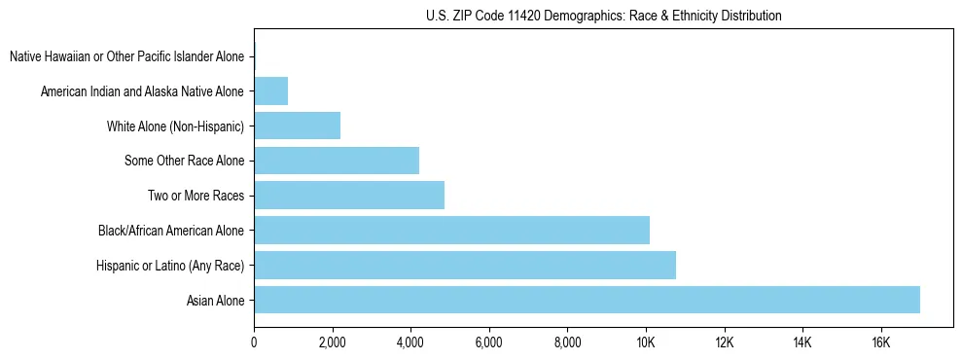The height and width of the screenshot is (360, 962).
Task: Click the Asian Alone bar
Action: (587, 300)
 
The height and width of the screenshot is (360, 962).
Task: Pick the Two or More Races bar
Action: (349, 195)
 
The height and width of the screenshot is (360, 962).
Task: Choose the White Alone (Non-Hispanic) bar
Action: (297, 126)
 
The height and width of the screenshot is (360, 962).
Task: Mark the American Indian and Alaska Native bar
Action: (270, 90)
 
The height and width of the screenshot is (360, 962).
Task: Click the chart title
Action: (603, 16)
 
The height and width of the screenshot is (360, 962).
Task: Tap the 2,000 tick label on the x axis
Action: (333, 342)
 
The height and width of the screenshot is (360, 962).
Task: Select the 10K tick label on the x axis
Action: (645, 342)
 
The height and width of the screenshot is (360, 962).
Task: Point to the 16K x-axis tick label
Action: (880, 342)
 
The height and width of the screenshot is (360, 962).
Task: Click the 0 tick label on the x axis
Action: (254, 342)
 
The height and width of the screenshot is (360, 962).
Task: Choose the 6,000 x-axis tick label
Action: (488, 342)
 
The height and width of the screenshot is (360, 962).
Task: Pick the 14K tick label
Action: (802, 342)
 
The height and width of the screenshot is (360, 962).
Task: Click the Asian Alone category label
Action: (216, 301)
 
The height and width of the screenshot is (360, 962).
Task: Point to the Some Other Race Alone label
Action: (184, 161)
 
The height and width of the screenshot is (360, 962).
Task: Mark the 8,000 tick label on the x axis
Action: (567, 342)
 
